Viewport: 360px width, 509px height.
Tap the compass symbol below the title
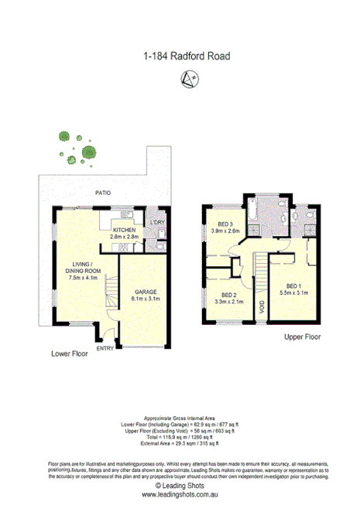tap(187, 77)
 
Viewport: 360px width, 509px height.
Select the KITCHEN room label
tap(125, 230)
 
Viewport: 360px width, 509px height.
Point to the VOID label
tap(261, 306)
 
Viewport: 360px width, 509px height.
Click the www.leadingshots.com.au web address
tap(180, 494)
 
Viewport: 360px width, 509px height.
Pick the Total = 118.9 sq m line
tap(180, 438)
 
